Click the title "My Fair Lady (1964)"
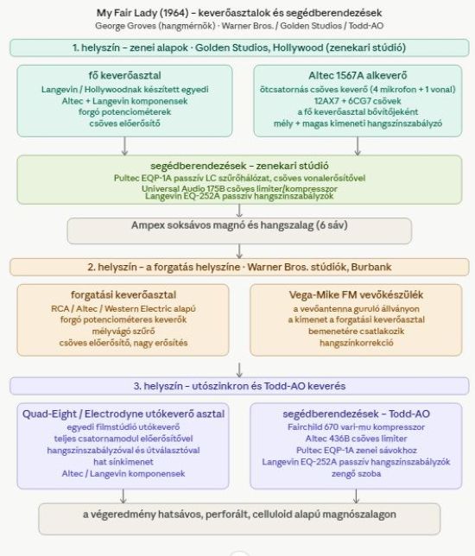tap(142, 13)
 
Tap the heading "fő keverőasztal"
tap(125, 75)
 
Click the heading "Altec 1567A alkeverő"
tap(358, 75)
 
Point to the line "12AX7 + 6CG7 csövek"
tap(358, 101)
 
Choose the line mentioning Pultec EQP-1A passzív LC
tap(239, 178)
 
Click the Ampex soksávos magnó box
tap(239, 231)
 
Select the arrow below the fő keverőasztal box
tap(124, 146)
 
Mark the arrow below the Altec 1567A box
tap(358, 146)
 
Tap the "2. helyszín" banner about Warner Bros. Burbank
tap(239, 267)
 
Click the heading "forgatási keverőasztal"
tap(123, 295)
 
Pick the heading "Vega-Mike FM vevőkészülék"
tap(356, 295)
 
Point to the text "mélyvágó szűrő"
tap(123, 332)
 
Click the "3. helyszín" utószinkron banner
tap(239, 386)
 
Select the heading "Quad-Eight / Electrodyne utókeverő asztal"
tap(123, 414)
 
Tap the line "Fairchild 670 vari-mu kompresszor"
tap(356, 426)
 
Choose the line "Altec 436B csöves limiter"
tap(356, 439)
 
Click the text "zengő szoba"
tap(356, 474)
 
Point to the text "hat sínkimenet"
tap(123, 462)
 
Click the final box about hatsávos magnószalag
tap(239, 519)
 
